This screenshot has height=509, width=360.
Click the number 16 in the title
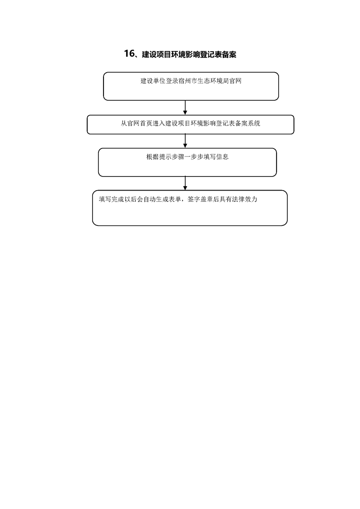(129, 54)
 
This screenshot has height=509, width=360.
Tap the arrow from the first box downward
(185, 108)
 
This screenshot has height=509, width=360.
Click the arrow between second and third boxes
(185, 141)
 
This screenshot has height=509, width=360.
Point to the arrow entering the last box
(185, 183)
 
